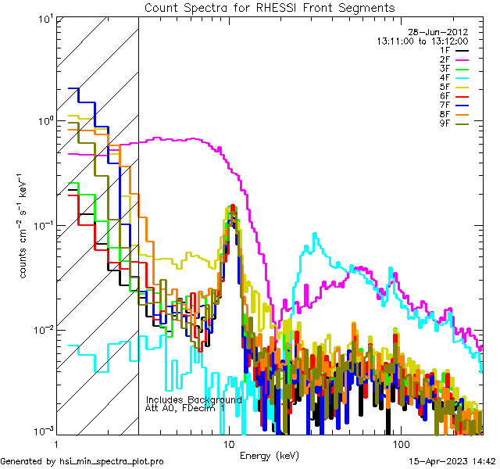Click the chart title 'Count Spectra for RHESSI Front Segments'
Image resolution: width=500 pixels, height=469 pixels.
tap(270, 7)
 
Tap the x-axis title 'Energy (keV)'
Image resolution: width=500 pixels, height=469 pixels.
tap(270, 455)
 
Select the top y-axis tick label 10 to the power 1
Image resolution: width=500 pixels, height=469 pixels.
tap(44, 19)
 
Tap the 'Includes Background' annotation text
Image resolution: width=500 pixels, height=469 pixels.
tap(194, 399)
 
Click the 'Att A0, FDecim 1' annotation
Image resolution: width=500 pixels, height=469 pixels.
tap(185, 408)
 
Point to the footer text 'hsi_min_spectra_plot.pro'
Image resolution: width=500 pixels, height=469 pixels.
tap(112, 461)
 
